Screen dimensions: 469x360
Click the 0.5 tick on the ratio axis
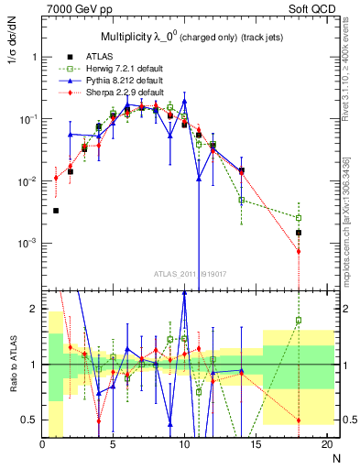pos(32,420)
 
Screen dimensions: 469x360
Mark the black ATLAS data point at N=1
pos(56,211)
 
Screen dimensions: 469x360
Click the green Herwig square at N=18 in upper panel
pos(299,218)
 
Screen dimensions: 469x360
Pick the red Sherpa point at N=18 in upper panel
pos(299,251)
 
